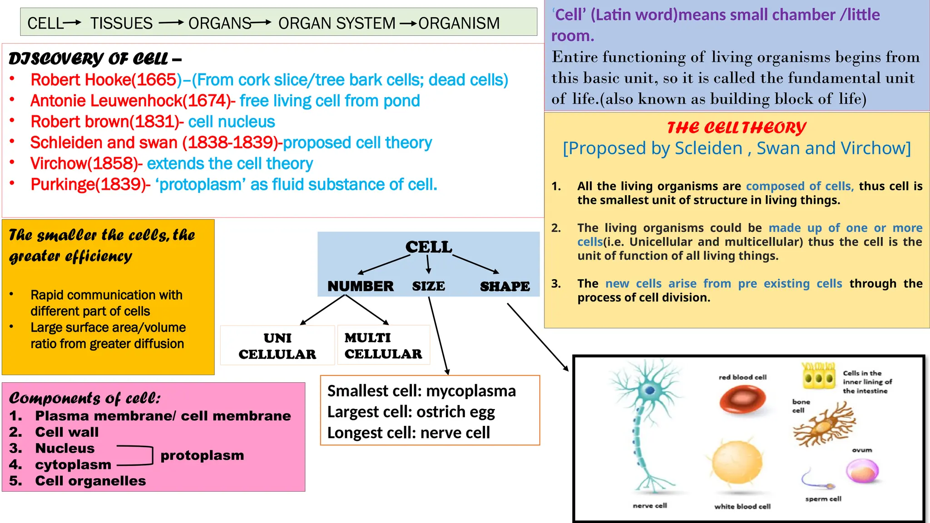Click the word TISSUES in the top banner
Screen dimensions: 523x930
pyautogui.click(x=121, y=23)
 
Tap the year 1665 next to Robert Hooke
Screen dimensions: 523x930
pyautogui.click(x=156, y=80)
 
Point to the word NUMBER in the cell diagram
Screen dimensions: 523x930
pyautogui.click(x=361, y=286)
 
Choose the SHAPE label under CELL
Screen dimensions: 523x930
pyautogui.click(x=505, y=286)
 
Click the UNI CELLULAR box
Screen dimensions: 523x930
pyautogui.click(x=277, y=346)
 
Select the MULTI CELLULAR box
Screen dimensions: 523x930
pyautogui.click(x=383, y=345)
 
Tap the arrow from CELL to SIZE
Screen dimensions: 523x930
pyautogui.click(x=428, y=264)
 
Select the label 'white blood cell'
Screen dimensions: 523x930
pyautogui.click(x=742, y=506)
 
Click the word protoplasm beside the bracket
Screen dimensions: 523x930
pyautogui.click(x=202, y=455)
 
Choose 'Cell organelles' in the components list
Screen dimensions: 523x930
pyautogui.click(x=90, y=481)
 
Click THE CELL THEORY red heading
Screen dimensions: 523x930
pyautogui.click(x=736, y=128)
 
